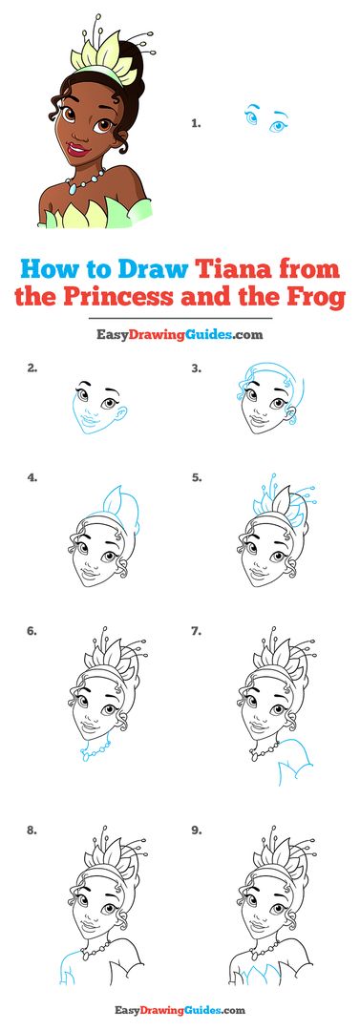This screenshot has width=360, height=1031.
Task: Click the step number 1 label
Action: point(196,122)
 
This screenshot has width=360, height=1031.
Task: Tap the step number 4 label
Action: point(32,478)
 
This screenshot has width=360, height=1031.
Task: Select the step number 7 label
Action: point(196,631)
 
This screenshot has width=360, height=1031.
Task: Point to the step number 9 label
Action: point(196,831)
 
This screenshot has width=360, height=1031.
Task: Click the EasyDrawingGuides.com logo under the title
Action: point(180,334)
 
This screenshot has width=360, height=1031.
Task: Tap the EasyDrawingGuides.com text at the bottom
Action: point(180,1010)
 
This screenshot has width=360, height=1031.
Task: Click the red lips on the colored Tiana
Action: point(78,149)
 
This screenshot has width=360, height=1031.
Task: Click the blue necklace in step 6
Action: point(95,750)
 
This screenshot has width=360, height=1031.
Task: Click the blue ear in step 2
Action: point(122,412)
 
